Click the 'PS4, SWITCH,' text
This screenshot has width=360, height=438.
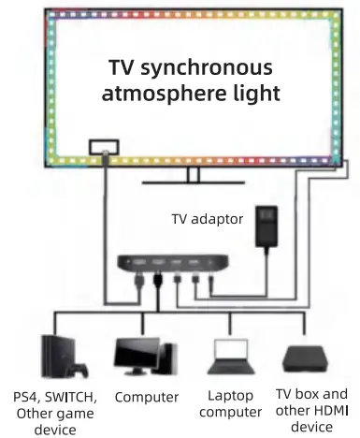click(55, 397)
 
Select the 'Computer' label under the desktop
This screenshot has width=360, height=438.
click(147, 397)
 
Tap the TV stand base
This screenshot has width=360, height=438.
click(194, 182)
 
